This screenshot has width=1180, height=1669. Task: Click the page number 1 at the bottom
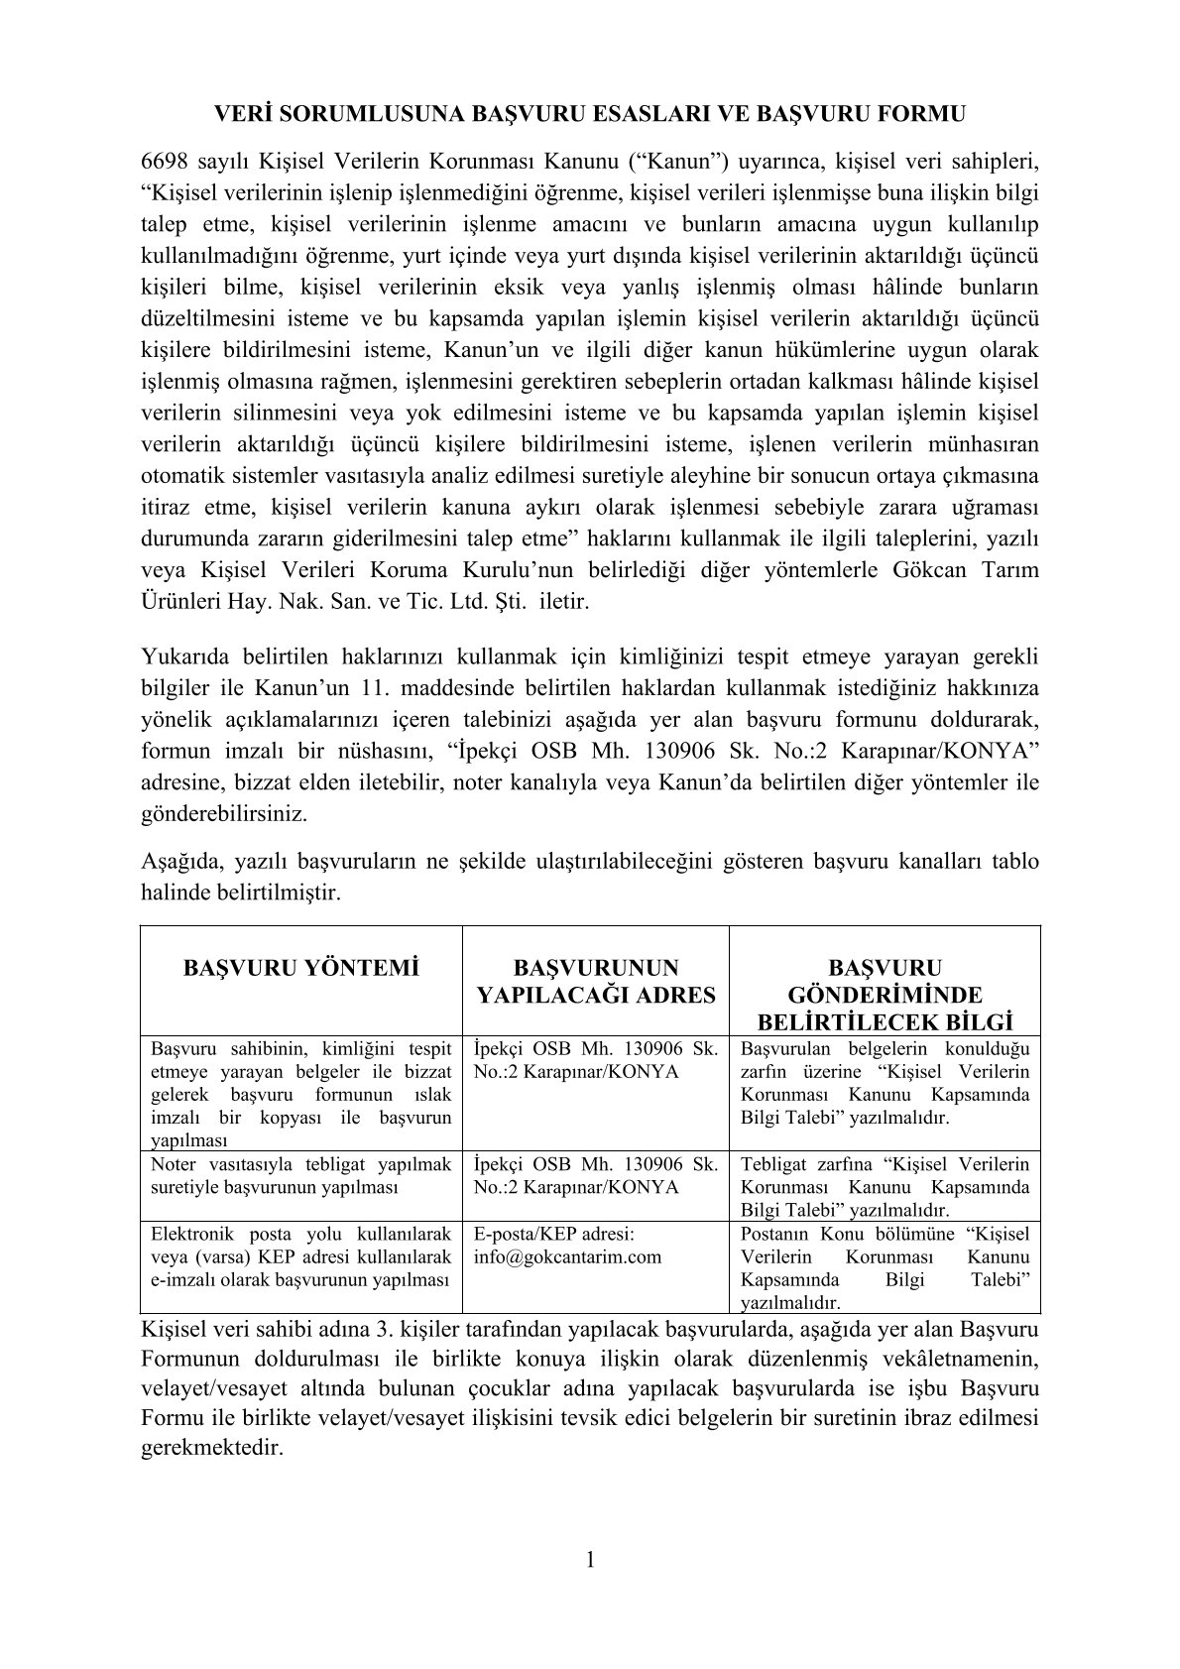pos(589,1560)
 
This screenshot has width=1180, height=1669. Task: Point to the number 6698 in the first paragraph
pos(165,161)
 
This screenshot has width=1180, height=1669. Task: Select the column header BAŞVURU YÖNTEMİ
pos(301,968)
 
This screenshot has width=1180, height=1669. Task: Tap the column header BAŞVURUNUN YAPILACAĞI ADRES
pos(596,981)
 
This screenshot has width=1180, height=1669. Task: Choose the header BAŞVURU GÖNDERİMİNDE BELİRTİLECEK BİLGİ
pos(885,995)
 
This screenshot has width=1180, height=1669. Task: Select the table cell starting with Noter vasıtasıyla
pos(301,1175)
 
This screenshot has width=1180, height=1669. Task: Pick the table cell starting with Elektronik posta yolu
pos(301,1256)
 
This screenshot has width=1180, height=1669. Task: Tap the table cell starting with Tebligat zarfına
pos(885,1187)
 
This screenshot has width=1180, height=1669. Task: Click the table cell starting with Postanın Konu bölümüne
pos(885,1268)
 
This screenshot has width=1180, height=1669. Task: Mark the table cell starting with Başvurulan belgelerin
pos(885,1083)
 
